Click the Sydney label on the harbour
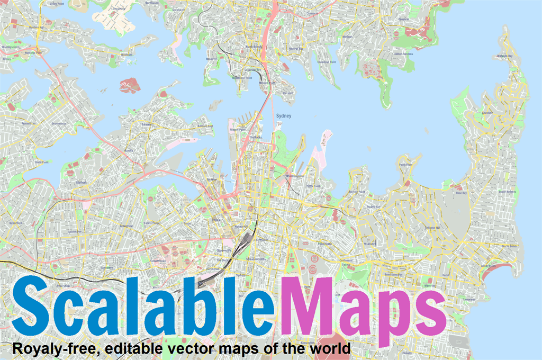click(x=284, y=115)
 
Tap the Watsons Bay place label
click(x=505, y=56)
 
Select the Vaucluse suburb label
click(x=487, y=112)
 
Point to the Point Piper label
click(x=405, y=165)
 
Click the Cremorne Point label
click(x=328, y=62)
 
